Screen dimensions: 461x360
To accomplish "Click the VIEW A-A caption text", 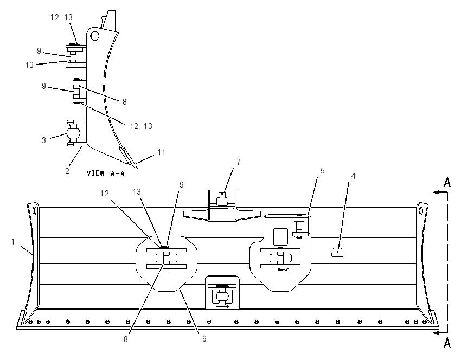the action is click(x=106, y=173).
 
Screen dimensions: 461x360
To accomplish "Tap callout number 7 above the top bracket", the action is click(x=239, y=162).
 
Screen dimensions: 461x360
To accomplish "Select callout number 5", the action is click(x=323, y=170).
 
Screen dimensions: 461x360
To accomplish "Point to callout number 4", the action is click(x=353, y=176).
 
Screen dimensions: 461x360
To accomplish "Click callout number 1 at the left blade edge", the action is click(x=13, y=242).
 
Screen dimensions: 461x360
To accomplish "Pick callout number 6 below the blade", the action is click(x=204, y=339).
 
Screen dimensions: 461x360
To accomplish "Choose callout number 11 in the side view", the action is click(x=162, y=152).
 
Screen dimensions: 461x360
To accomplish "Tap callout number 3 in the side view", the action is click(x=44, y=140).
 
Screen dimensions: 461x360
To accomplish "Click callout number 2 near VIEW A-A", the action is click(x=67, y=171).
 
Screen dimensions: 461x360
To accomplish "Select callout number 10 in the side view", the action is click(x=29, y=65).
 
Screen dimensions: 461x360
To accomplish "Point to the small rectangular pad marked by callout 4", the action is click(x=337, y=254).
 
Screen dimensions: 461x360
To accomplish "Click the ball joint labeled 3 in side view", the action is click(x=73, y=133).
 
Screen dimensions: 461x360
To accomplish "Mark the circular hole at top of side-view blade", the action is click(x=95, y=36).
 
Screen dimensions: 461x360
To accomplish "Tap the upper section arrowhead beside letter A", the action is click(x=435, y=192).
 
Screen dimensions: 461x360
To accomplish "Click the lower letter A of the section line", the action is click(x=447, y=343).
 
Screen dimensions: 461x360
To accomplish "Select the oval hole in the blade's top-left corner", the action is click(x=35, y=210).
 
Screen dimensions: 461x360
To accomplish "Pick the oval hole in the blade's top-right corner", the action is click(x=421, y=211).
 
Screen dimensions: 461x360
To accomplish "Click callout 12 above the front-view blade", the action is click(x=104, y=194).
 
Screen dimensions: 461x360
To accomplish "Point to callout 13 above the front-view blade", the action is click(x=137, y=191).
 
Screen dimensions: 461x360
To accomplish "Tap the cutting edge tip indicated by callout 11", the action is click(x=137, y=168).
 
